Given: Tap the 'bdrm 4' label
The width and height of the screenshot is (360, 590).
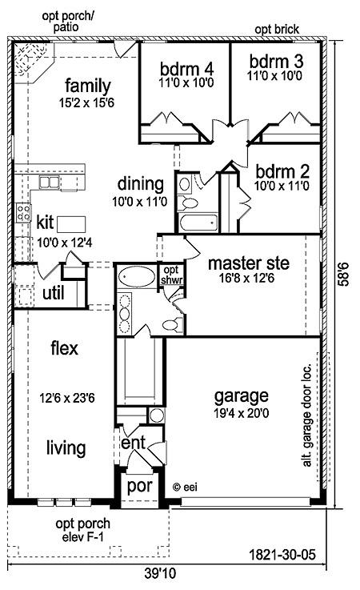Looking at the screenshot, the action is point(186,69).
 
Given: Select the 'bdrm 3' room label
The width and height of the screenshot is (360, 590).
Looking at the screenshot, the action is point(276,62).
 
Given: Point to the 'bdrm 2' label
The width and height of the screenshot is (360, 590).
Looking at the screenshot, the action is point(282,171).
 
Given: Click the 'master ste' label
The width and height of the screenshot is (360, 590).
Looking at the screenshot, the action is point(249,263).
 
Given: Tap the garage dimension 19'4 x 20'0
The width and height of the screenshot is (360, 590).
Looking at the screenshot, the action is point(241,414).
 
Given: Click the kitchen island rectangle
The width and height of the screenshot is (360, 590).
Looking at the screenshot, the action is point(71,225).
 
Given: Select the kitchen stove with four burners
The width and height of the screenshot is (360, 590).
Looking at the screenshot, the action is point(23,213).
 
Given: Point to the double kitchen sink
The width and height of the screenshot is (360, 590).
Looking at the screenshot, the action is point(50,183).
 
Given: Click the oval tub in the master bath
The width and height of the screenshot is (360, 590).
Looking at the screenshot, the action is point(137,277).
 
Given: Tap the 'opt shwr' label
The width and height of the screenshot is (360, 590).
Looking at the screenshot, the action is point(171,275).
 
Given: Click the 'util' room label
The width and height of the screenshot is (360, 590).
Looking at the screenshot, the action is point(54,293).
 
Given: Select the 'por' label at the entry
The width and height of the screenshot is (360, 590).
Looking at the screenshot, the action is point(139,487).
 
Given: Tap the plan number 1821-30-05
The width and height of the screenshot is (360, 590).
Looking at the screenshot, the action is point(282,555).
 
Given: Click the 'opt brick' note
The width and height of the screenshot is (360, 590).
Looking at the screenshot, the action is point(277,30).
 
